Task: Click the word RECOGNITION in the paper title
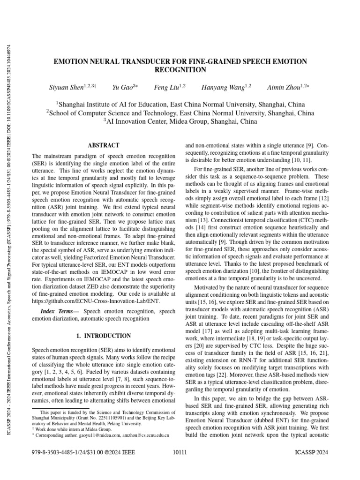click(180, 70)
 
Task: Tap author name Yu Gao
click(123, 87)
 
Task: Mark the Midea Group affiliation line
click(180, 121)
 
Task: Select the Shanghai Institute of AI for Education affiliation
click(180, 104)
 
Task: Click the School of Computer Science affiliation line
click(180, 112)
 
